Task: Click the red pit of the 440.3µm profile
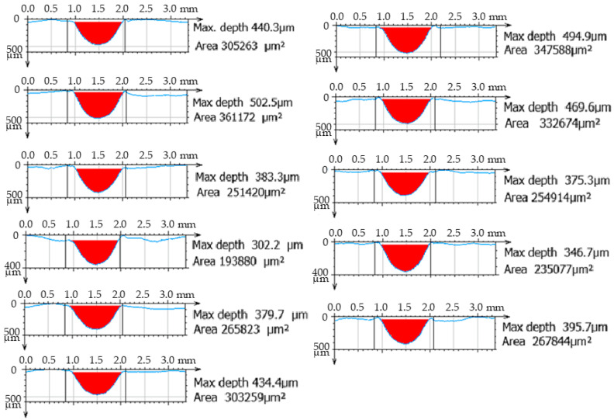tap(98, 31)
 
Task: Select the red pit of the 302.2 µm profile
tap(97, 250)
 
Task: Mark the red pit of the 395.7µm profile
tap(405, 329)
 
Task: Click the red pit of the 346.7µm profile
tap(406, 255)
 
